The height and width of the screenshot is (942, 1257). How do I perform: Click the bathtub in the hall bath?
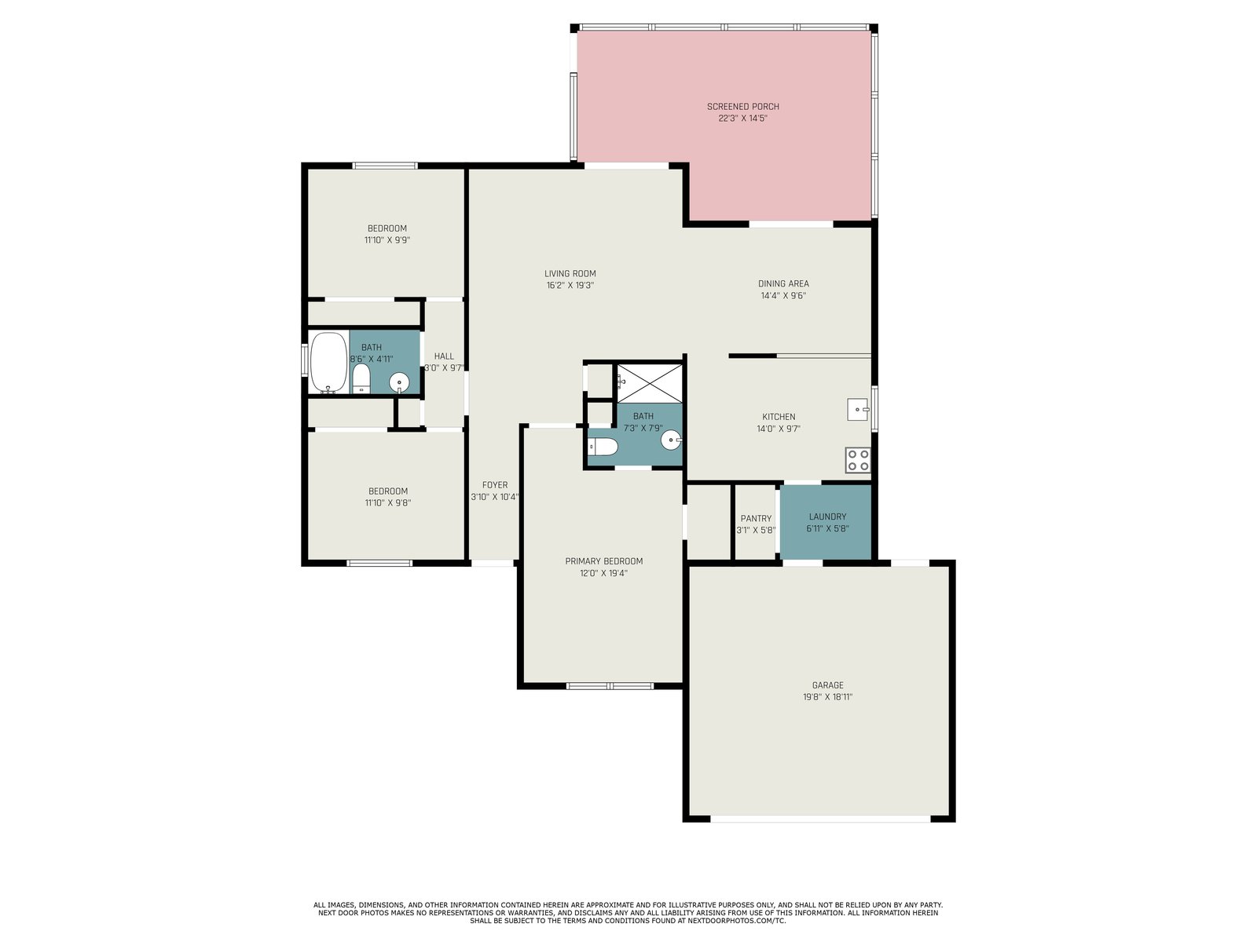click(x=328, y=363)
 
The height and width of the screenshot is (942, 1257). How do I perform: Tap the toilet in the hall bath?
click(x=361, y=379)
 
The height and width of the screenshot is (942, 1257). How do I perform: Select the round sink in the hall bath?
click(x=399, y=382)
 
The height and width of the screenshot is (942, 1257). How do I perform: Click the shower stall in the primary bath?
click(x=650, y=382)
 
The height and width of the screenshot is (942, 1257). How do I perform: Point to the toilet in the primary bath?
click(x=603, y=447)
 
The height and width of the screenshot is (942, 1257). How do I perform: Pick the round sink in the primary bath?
click(x=671, y=440)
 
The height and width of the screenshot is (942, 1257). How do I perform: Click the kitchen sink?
click(x=858, y=410)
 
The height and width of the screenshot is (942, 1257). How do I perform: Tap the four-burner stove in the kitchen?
click(x=858, y=461)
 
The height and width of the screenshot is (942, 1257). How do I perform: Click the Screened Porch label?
click(x=742, y=107)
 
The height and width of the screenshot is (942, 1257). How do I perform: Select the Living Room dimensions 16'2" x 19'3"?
click(x=570, y=286)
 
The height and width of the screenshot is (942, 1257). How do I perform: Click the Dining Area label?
click(x=783, y=283)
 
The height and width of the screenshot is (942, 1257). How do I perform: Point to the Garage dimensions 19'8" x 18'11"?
click(x=827, y=696)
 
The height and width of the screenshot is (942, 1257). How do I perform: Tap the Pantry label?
click(x=756, y=518)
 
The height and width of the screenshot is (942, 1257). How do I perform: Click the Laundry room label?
click(x=827, y=517)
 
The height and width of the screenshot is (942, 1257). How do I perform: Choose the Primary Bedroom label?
click(x=603, y=561)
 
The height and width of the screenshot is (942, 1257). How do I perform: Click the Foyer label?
click(x=495, y=485)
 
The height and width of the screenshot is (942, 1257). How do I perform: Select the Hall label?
click(x=444, y=356)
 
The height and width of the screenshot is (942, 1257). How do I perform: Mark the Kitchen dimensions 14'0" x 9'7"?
click(x=779, y=429)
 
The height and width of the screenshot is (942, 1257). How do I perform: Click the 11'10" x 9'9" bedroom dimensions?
click(x=387, y=240)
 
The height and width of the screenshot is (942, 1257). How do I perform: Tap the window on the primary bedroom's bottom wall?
click(x=610, y=685)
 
